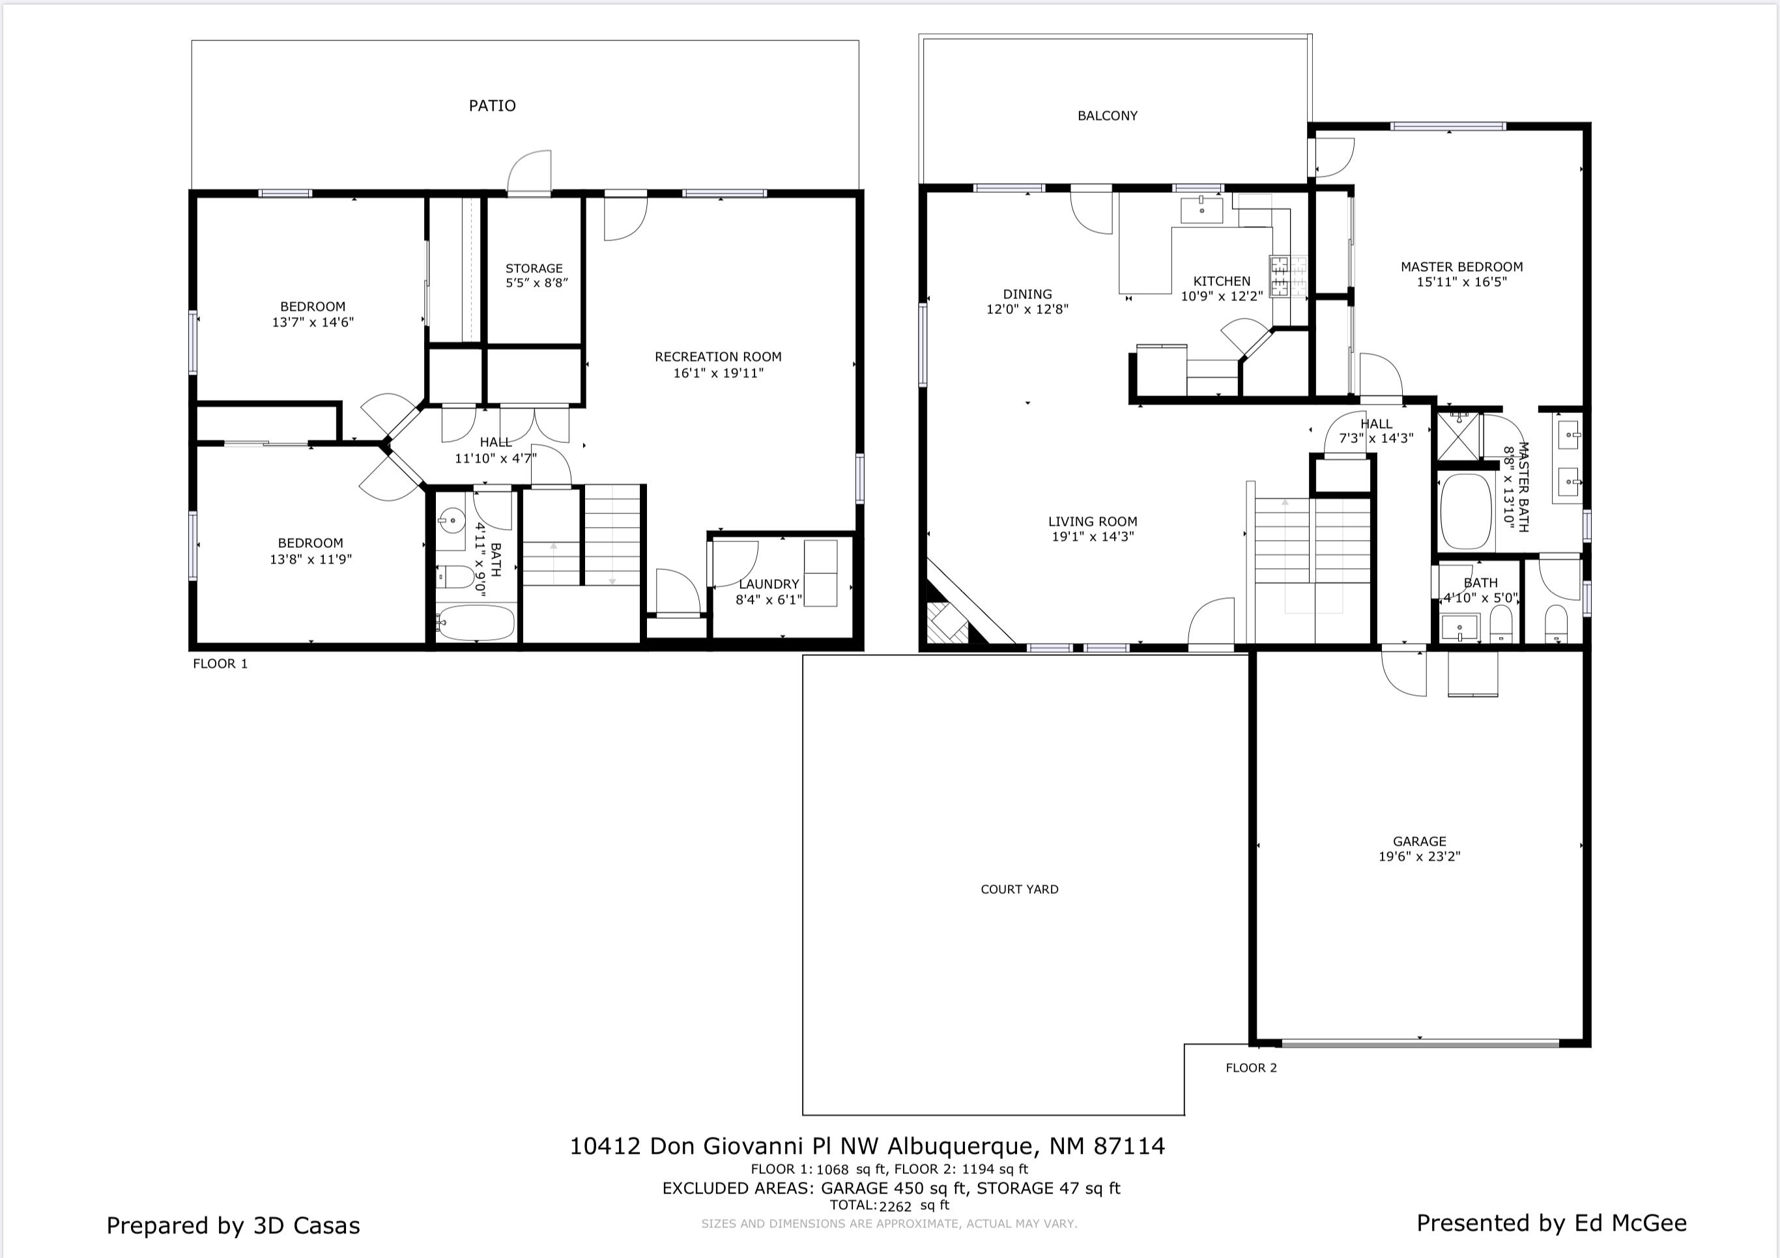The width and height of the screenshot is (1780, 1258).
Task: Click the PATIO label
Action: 493,106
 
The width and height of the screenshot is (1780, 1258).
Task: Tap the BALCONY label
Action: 1107,115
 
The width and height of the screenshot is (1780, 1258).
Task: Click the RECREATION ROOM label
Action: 718,356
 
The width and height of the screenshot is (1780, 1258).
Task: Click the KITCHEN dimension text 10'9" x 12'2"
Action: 1221,296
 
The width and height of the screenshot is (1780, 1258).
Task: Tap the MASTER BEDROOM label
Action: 1461,266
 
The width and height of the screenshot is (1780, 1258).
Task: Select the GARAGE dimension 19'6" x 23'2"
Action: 1419,857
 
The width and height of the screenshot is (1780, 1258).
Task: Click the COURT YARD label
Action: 1020,889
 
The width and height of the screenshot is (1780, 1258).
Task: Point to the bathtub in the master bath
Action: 1465,512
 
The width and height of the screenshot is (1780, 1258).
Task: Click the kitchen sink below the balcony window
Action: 1201,210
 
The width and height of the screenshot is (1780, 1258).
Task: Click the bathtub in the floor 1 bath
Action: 475,622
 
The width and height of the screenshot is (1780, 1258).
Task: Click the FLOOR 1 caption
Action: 220,663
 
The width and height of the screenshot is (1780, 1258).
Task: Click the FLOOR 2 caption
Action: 1250,1068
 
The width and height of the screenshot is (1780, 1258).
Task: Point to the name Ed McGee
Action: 1630,1223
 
